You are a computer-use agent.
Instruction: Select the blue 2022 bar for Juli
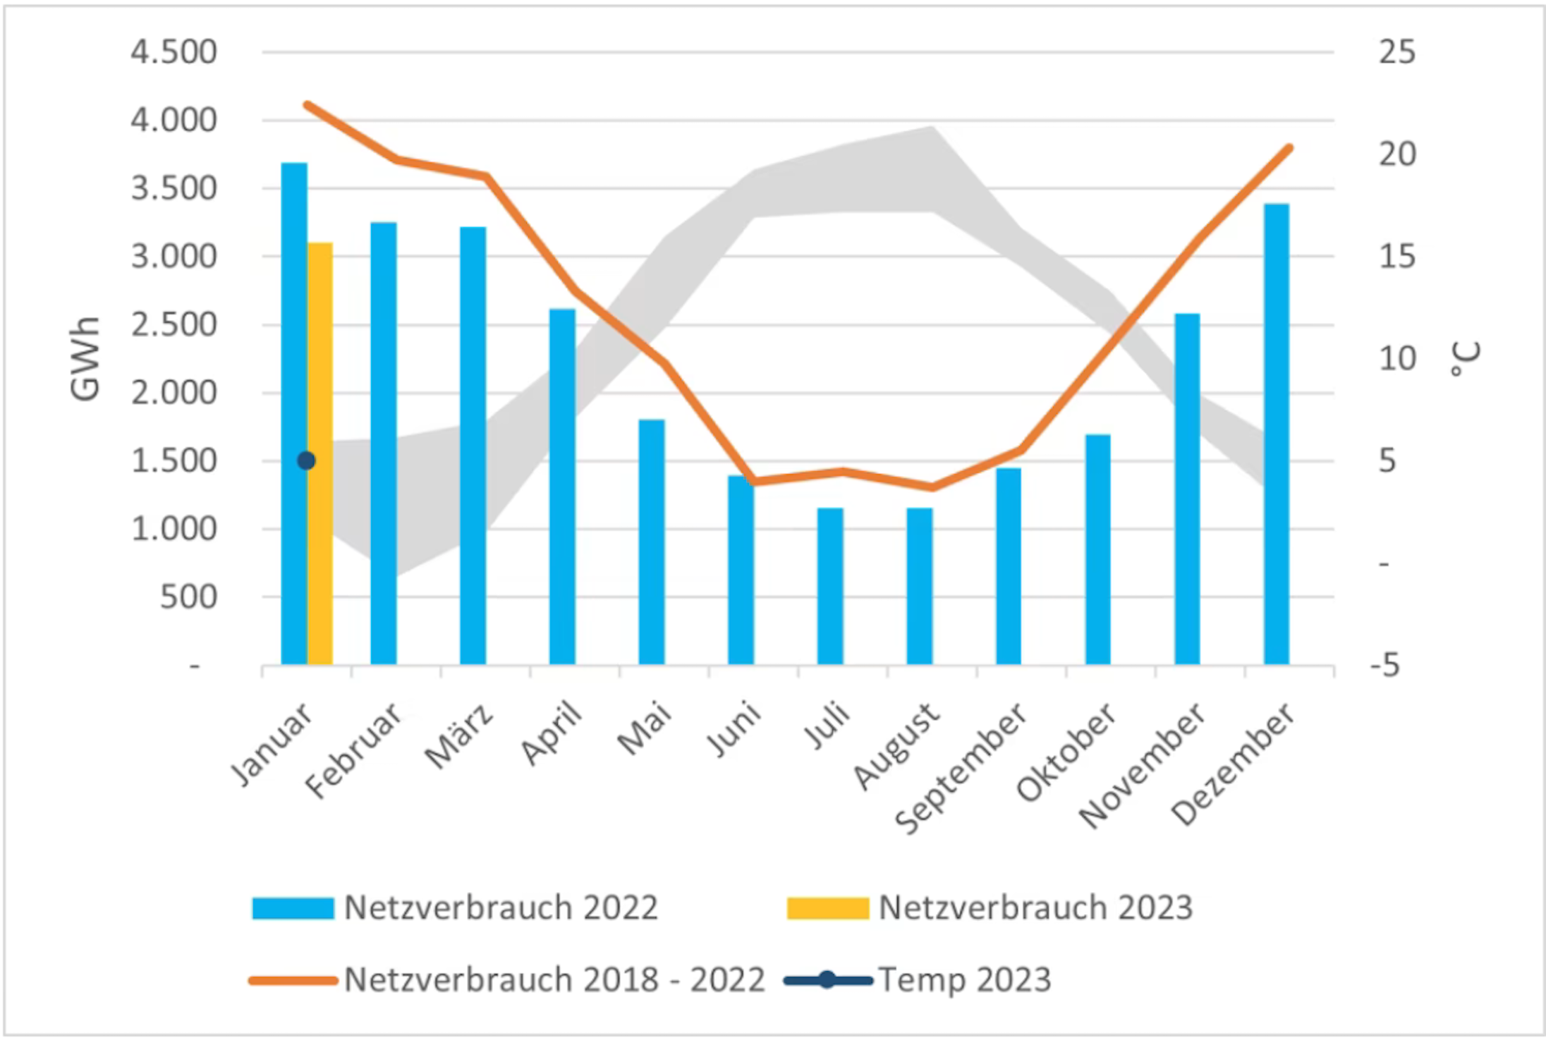coord(830,585)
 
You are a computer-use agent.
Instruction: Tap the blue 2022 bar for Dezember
coord(1277,434)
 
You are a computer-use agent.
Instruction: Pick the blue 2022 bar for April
coord(562,487)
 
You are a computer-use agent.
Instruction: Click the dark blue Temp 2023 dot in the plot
coord(306,460)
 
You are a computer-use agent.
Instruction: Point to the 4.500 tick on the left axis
coord(174,53)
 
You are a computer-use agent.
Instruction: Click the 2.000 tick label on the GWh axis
coord(174,393)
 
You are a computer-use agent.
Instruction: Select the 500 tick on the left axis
coord(188,597)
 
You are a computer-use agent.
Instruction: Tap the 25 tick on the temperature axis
coord(1397,53)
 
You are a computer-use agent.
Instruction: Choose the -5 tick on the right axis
coord(1386,665)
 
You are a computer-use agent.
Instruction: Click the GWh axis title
coord(85,359)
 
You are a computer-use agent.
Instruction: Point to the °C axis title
coord(1466,359)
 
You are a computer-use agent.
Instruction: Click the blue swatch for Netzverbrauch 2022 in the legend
coord(293,908)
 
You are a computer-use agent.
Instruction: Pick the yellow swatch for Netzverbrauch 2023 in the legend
coord(827,908)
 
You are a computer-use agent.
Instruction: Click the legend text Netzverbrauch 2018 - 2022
coord(554,979)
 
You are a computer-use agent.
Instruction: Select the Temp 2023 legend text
coord(965,979)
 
